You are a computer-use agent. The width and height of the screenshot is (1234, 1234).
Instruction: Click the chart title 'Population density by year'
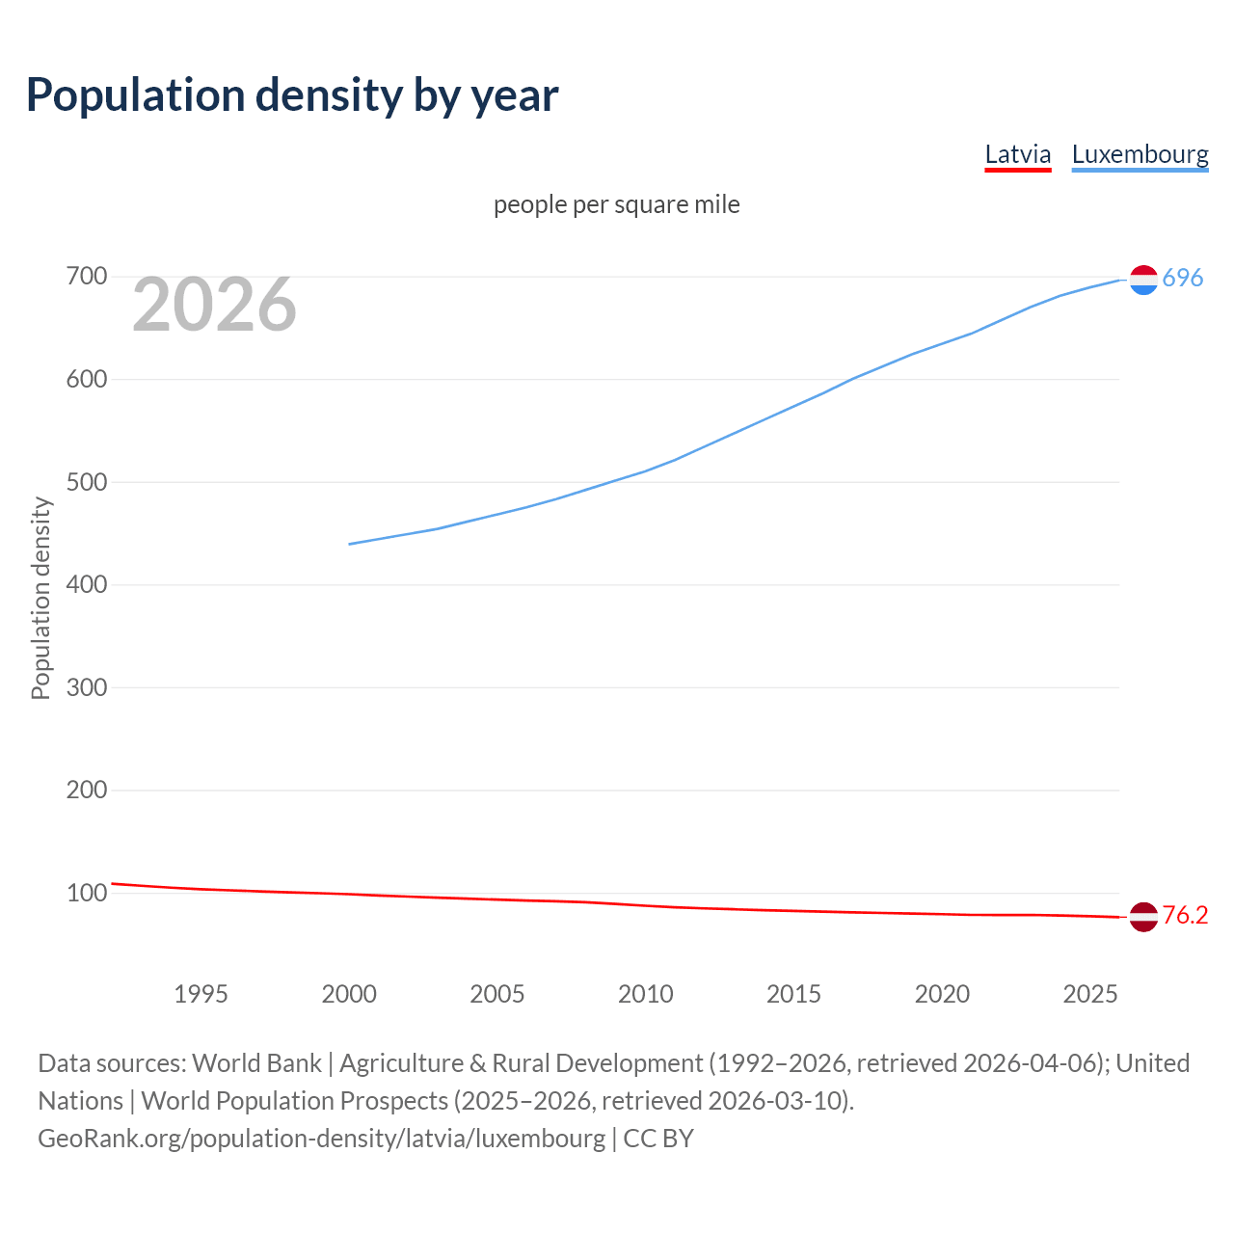tap(292, 94)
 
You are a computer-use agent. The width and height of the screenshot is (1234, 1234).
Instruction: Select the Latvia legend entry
tap(1017, 154)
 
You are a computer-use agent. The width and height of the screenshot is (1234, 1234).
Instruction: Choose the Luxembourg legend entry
tap(1140, 154)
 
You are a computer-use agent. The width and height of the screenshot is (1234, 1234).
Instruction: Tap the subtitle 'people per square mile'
tap(616, 204)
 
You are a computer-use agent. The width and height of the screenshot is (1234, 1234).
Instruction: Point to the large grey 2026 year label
tap(214, 305)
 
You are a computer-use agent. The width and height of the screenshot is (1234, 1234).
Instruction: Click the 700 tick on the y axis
tap(86, 277)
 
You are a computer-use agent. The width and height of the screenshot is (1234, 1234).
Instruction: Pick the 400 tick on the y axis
tap(86, 584)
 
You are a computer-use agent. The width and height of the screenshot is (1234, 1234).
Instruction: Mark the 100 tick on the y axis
tap(86, 893)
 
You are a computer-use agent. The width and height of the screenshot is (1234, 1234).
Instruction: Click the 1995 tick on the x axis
tap(201, 994)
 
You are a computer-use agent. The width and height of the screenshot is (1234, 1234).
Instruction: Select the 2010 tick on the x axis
tap(645, 994)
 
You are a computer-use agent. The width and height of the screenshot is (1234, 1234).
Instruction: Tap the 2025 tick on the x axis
tap(1089, 994)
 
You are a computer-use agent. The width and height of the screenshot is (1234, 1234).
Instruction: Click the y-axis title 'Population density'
tap(40, 598)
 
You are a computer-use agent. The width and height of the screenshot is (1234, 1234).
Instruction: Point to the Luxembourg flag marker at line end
tap(1143, 280)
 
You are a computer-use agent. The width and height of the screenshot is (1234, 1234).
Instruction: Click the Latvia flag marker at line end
tap(1143, 917)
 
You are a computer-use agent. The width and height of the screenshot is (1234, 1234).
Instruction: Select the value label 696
tap(1183, 278)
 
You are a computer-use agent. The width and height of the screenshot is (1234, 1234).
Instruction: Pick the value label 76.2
tap(1185, 915)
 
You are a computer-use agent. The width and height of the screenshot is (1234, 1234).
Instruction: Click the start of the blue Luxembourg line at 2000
tap(350, 544)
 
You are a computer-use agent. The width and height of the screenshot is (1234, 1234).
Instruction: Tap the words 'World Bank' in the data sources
tap(256, 1063)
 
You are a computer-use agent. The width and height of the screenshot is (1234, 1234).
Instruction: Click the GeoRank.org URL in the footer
tap(321, 1139)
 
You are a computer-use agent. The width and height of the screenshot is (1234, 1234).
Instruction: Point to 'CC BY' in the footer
tap(658, 1139)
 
